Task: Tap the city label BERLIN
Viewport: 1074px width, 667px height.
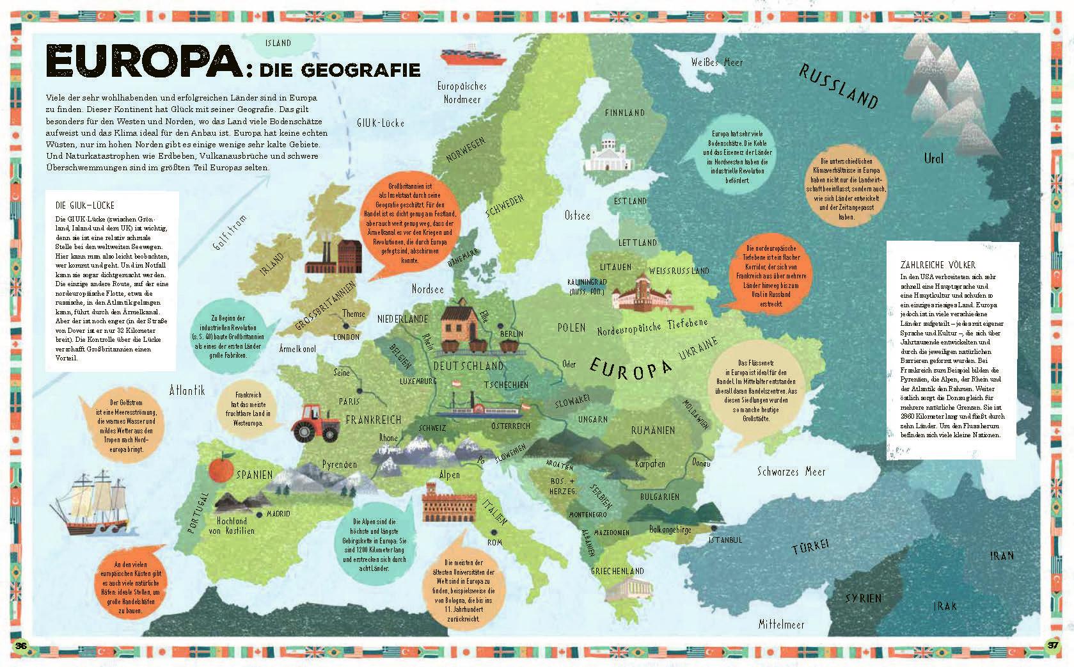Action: click(x=512, y=333)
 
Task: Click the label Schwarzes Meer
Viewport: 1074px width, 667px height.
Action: click(x=791, y=472)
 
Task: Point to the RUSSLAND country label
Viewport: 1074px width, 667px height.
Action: click(x=837, y=86)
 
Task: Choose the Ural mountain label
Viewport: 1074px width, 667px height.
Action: click(x=933, y=157)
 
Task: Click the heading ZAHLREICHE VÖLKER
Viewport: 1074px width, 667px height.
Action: click(x=938, y=265)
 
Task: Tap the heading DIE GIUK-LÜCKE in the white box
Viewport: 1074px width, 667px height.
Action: click(x=85, y=205)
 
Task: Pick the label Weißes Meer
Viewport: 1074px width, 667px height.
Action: click(x=717, y=62)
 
